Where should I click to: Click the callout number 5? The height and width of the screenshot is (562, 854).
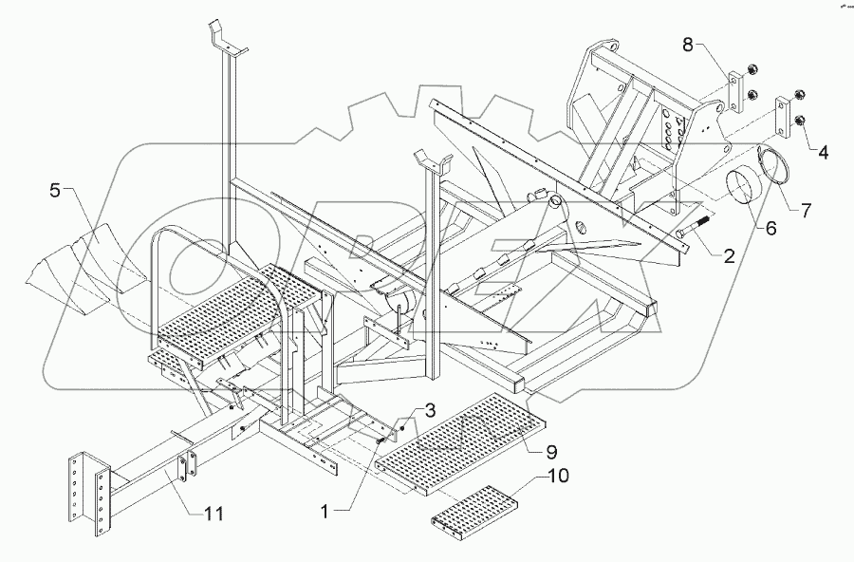pyautogui.click(x=55, y=191)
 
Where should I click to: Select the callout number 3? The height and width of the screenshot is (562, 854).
pyautogui.click(x=430, y=411)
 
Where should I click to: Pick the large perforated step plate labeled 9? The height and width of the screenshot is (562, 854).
pyautogui.click(x=460, y=441)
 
